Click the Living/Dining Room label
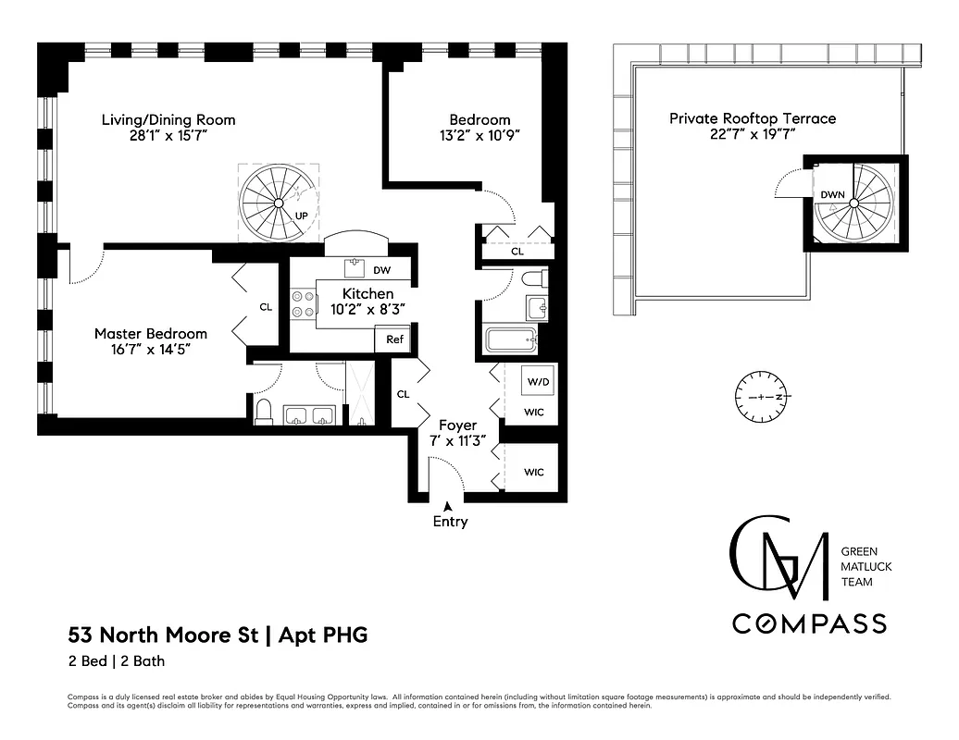tap(168, 119)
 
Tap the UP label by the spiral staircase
tap(301, 216)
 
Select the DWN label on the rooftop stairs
tap(830, 194)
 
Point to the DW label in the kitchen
tap(381, 270)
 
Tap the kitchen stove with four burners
tap(303, 304)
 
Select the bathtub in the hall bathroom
tap(512, 339)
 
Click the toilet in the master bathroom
tap(264, 412)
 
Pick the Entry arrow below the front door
tap(449, 506)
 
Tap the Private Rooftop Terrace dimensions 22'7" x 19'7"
tap(752, 135)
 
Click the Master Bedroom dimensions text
tap(151, 351)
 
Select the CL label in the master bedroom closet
tap(266, 306)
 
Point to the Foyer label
tap(457, 425)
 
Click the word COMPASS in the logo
tap(809, 623)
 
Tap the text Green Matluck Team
tap(866, 566)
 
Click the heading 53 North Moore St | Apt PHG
tap(218, 635)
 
